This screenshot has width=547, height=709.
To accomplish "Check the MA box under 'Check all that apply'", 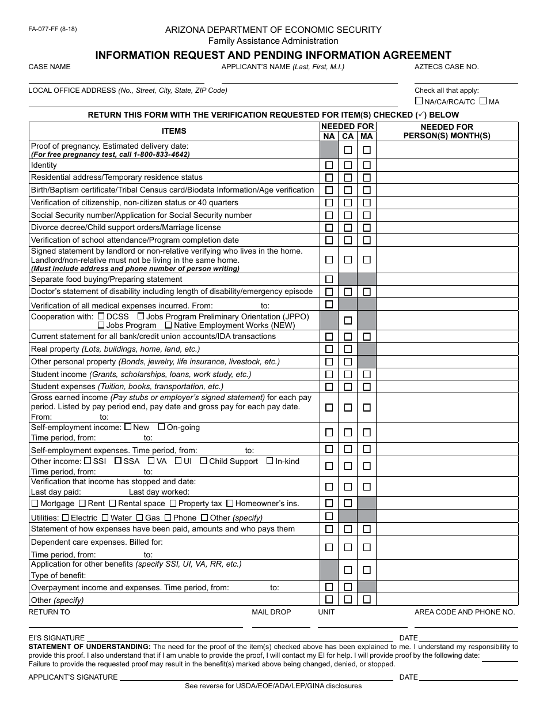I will coord(484,101).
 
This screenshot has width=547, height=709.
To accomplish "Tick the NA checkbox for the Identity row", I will coord(329,165).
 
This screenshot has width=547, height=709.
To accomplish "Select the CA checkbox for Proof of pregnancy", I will coord(348,150).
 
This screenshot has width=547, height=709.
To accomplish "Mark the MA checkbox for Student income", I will coord(367,375).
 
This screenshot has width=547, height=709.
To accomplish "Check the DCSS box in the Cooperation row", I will coord(101,316).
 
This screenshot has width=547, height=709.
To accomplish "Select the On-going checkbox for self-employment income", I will coord(161,427).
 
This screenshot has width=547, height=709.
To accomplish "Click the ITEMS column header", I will coord(174,131).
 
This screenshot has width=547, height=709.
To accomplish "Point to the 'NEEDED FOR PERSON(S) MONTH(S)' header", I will coord(447,131).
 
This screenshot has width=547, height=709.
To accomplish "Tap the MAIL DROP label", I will coord(271,612).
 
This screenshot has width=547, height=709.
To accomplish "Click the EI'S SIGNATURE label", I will coord(56,638).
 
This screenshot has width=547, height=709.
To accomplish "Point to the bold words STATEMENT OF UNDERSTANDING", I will coord(90,647).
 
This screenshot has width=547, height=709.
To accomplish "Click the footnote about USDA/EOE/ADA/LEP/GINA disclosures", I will coord(273,686).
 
